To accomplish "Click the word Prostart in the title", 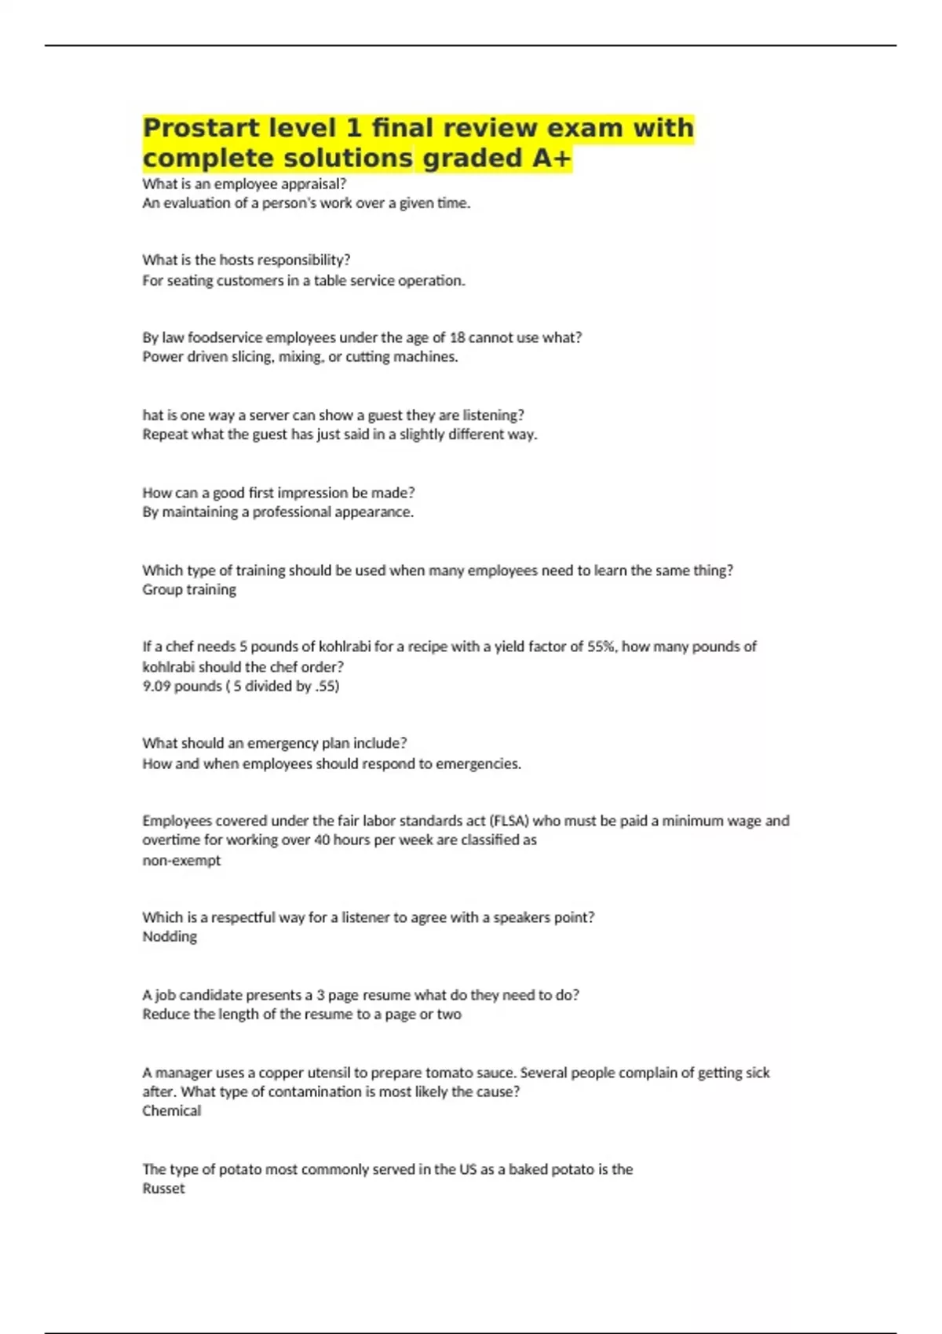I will point(199,128).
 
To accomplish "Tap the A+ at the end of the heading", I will point(552,158).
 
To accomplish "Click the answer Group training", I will point(189,589).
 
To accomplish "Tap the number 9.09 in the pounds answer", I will point(156,686).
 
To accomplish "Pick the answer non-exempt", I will point(181,860).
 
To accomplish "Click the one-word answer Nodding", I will point(170,936).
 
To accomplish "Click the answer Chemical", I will point(172,1110).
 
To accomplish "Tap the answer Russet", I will point(163,1188).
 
